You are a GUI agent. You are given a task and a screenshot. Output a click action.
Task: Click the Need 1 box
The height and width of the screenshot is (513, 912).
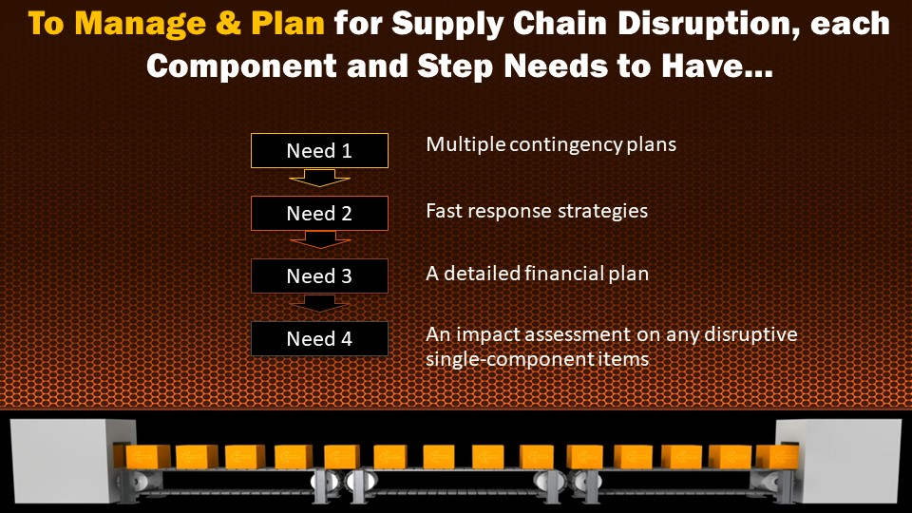click(319, 151)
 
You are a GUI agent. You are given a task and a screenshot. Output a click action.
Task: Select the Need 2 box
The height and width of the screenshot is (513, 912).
click(319, 214)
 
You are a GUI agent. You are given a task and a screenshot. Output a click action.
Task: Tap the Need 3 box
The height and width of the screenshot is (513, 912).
click(319, 276)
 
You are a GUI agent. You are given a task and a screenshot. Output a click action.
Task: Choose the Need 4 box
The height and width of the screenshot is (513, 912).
click(319, 339)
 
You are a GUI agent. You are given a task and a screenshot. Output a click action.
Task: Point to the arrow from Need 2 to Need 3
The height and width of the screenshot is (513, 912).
click(319, 239)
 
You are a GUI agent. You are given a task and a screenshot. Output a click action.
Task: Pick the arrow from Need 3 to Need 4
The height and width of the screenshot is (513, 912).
click(319, 303)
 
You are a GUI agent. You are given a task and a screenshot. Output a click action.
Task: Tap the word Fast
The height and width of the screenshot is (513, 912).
click(445, 210)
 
